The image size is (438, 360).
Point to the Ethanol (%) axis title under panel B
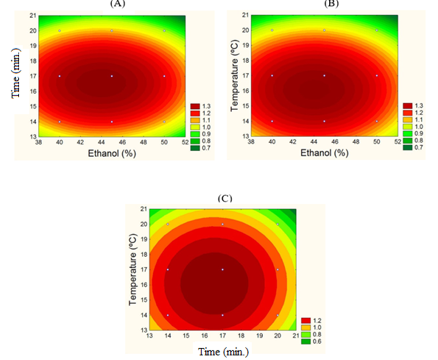pyautogui.click(x=325, y=156)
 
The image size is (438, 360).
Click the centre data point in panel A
pyautogui.click(x=112, y=76)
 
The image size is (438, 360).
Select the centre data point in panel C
pyautogui.click(x=222, y=270)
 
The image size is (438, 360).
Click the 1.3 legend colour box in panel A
pyautogui.click(x=194, y=105)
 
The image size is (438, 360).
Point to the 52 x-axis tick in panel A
pyautogui.click(x=185, y=143)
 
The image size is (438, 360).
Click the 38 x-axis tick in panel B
pyautogui.click(x=252, y=143)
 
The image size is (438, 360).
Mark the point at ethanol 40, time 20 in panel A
pyautogui.click(x=59, y=30)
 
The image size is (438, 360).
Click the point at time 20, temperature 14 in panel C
pyautogui.click(x=277, y=315)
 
